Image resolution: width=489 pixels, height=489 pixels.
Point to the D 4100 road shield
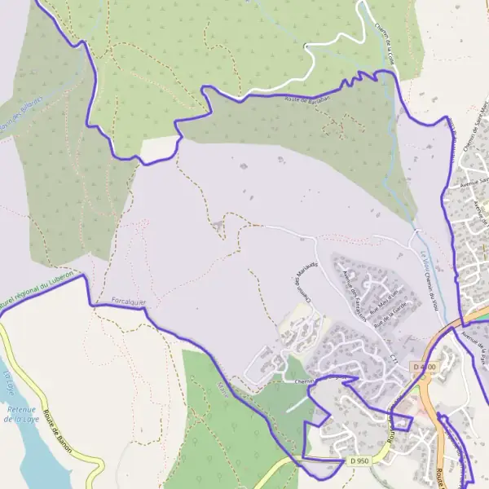click(x=424, y=368)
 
